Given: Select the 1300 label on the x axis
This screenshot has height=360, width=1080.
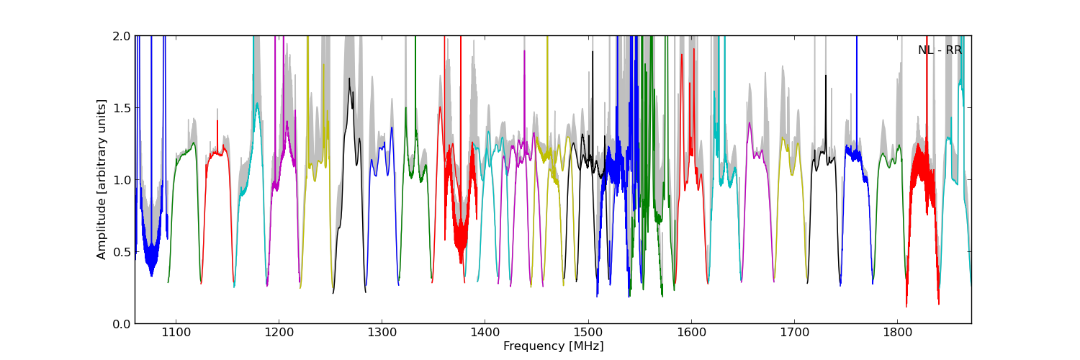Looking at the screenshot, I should [x=382, y=333].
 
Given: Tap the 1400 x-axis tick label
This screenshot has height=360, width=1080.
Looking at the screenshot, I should [x=485, y=333].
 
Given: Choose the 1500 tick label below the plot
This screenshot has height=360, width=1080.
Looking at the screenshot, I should [x=588, y=333].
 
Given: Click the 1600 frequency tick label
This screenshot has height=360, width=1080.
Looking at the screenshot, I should [x=691, y=333].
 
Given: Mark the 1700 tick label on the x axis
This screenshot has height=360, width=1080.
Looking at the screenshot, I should [x=794, y=333].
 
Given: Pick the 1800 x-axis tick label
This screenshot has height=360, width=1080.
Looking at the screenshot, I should [x=898, y=333].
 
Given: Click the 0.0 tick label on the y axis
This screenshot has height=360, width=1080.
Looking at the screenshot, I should [x=121, y=324].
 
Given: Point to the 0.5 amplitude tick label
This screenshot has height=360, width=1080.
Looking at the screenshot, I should [x=121, y=252].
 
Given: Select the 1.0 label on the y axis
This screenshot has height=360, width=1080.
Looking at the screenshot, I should [x=121, y=180].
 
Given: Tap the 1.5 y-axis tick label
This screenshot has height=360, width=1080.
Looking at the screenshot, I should [x=121, y=108].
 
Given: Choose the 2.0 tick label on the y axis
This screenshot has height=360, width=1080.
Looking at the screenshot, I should [x=121, y=36].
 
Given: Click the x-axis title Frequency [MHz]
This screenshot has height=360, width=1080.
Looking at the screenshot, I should [x=553, y=346].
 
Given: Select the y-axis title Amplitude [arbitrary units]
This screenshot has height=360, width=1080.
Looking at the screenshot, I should [x=102, y=179].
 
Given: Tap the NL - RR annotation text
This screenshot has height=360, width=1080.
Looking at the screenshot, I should [x=940, y=50].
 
